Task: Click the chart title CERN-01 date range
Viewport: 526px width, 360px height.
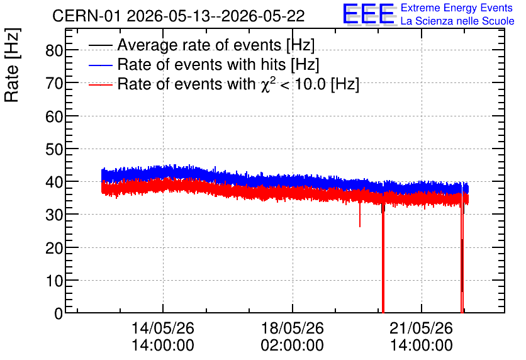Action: (179, 16)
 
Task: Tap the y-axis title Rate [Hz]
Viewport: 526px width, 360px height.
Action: (12, 65)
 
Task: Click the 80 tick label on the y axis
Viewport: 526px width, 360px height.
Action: (54, 50)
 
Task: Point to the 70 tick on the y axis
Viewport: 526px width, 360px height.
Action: (54, 83)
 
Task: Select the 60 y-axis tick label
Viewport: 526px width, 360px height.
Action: (54, 116)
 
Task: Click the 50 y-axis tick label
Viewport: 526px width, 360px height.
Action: (54, 149)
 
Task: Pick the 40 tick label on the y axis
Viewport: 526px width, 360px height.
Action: (54, 182)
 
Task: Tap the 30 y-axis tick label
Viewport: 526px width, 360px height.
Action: (54, 215)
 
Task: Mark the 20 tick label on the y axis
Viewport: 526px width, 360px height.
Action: (54, 248)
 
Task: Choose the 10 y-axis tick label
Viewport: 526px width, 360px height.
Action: (54, 281)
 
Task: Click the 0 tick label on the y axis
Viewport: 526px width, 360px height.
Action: (59, 313)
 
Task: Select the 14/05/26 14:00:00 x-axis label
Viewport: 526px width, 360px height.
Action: (163, 337)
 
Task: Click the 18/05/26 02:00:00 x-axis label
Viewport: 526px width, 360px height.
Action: (292, 337)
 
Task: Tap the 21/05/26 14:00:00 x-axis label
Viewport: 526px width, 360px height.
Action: (422, 337)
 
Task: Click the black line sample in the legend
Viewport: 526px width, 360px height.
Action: (100, 45)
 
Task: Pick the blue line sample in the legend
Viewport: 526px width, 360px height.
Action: (100, 65)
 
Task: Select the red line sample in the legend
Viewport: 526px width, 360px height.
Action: (100, 84)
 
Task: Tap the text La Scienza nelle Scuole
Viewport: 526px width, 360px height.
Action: (457, 21)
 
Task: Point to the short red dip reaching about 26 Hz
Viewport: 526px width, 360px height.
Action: (360, 214)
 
